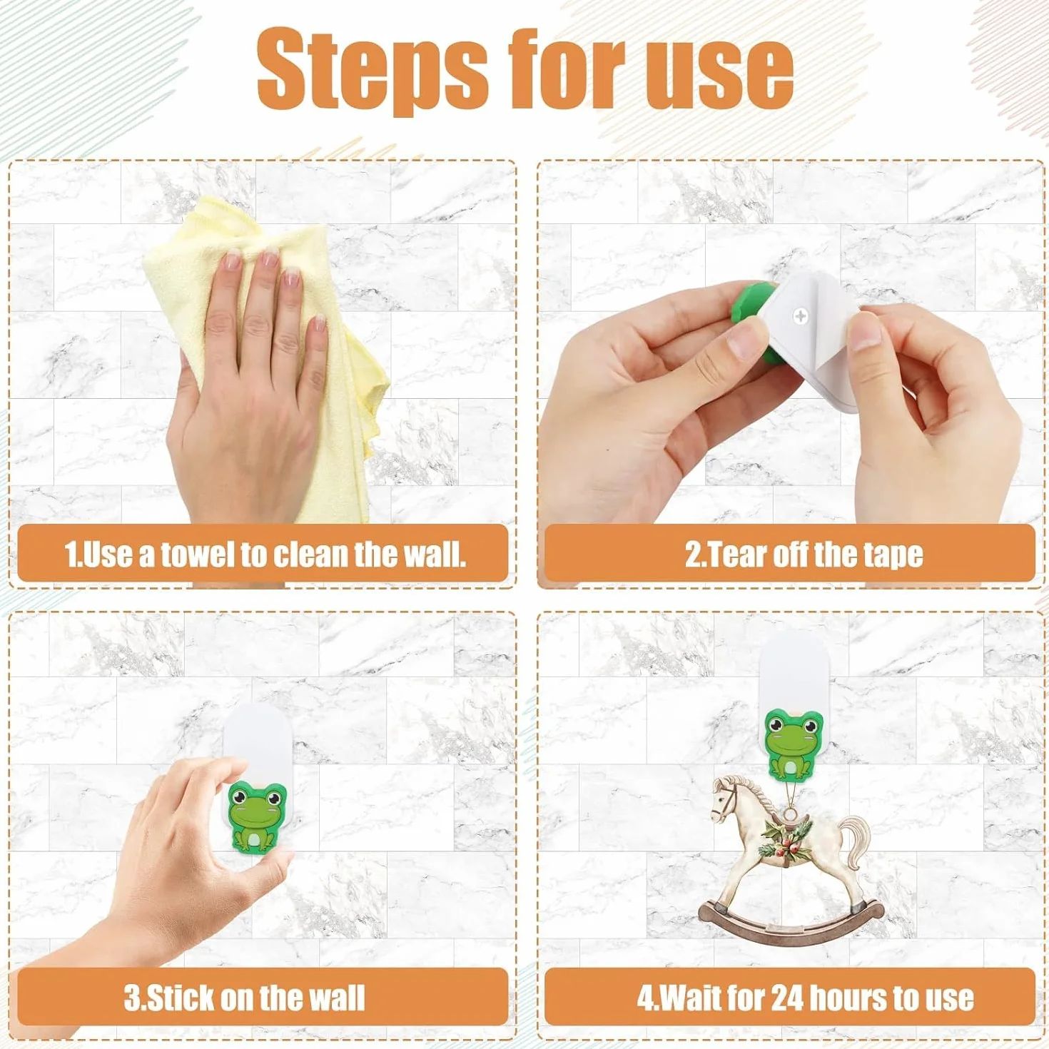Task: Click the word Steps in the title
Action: pyautogui.click(x=372, y=72)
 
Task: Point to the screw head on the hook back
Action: pyautogui.click(x=801, y=315)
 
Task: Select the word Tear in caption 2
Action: pyautogui.click(x=724, y=554)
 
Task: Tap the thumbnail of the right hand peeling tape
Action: pyautogui.click(x=866, y=330)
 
